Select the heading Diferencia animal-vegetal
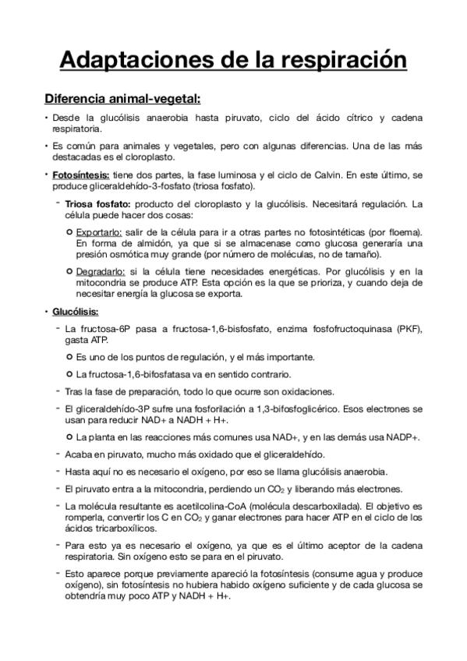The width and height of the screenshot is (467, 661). (122, 99)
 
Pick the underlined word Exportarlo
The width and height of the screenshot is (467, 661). (100, 232)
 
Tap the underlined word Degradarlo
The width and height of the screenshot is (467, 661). (101, 270)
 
